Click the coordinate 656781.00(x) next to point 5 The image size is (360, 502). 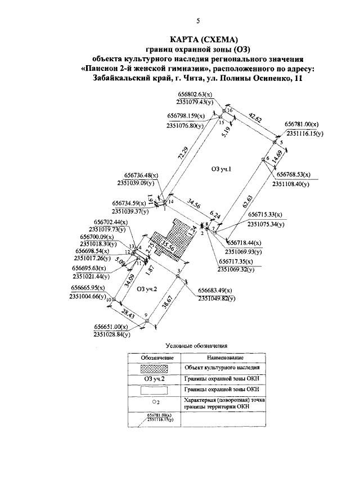tap(301, 124)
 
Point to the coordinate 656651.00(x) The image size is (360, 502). tap(110, 327)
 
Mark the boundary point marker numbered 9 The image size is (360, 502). tap(146, 321)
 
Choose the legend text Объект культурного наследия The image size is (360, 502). tap(224, 368)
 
